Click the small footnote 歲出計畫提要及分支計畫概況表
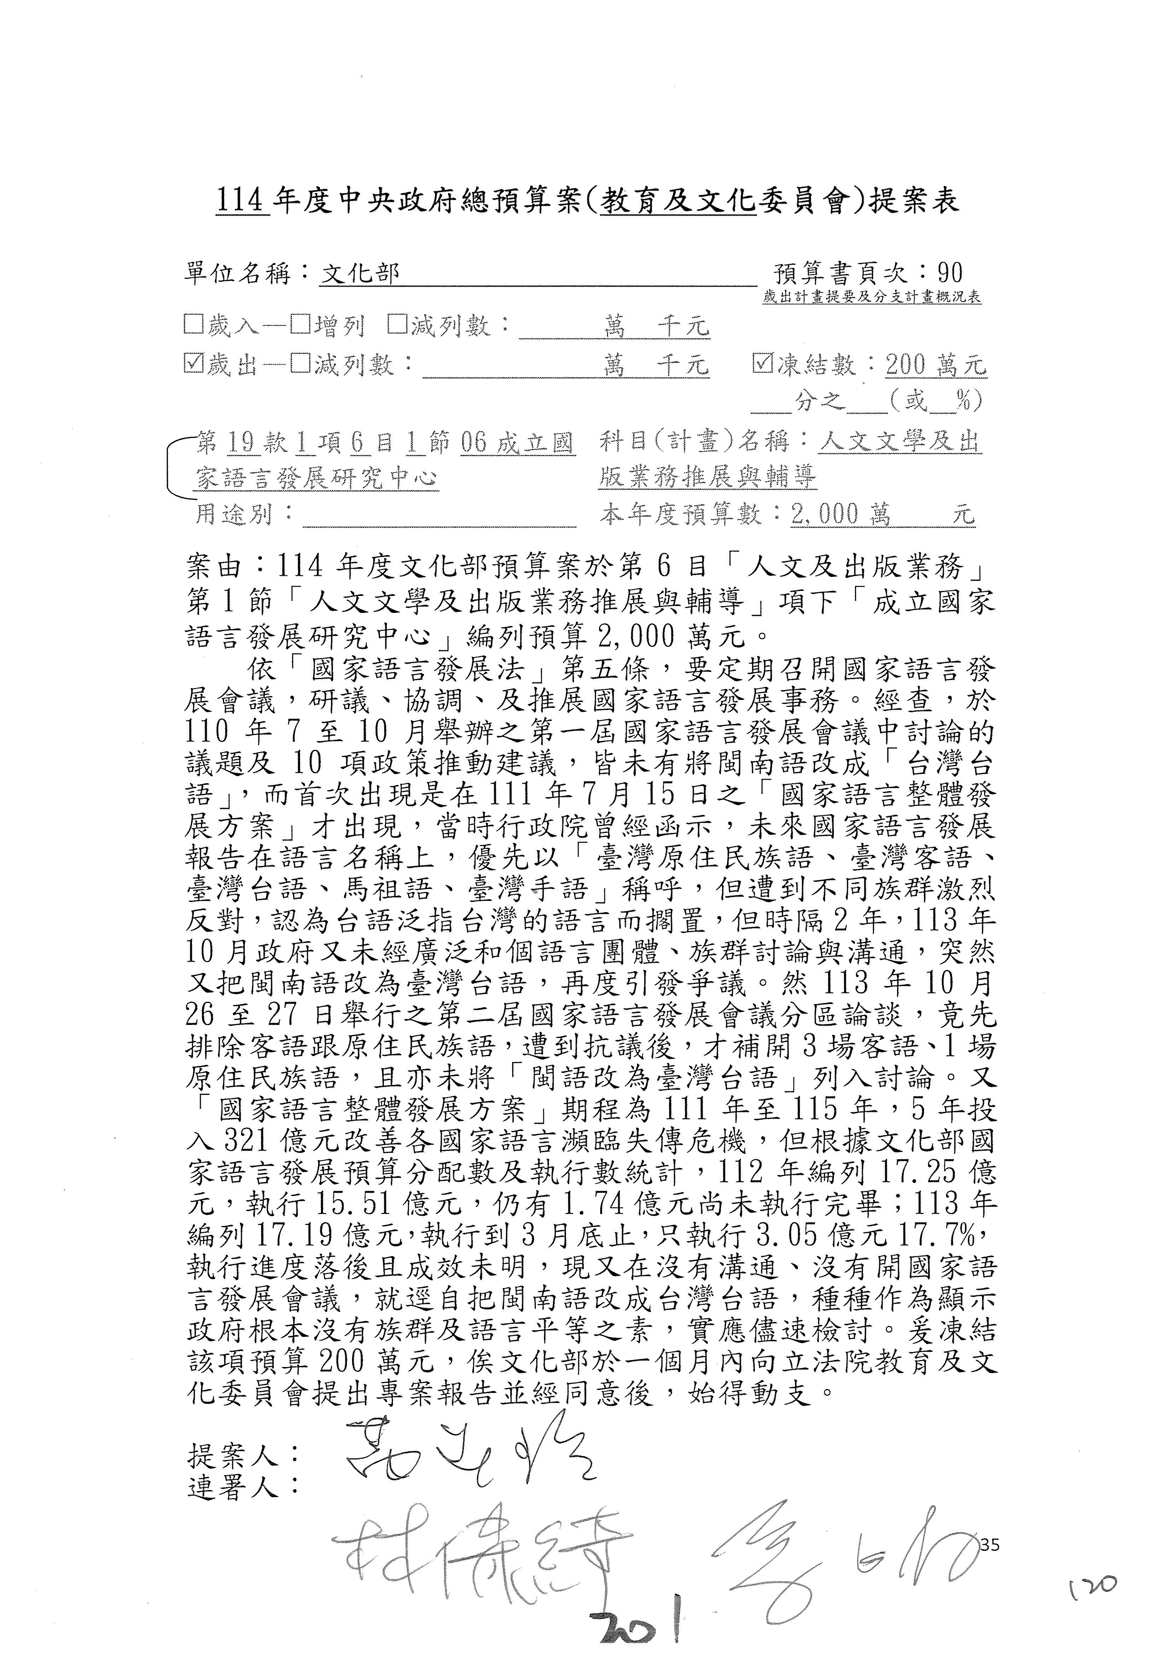point(872,298)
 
